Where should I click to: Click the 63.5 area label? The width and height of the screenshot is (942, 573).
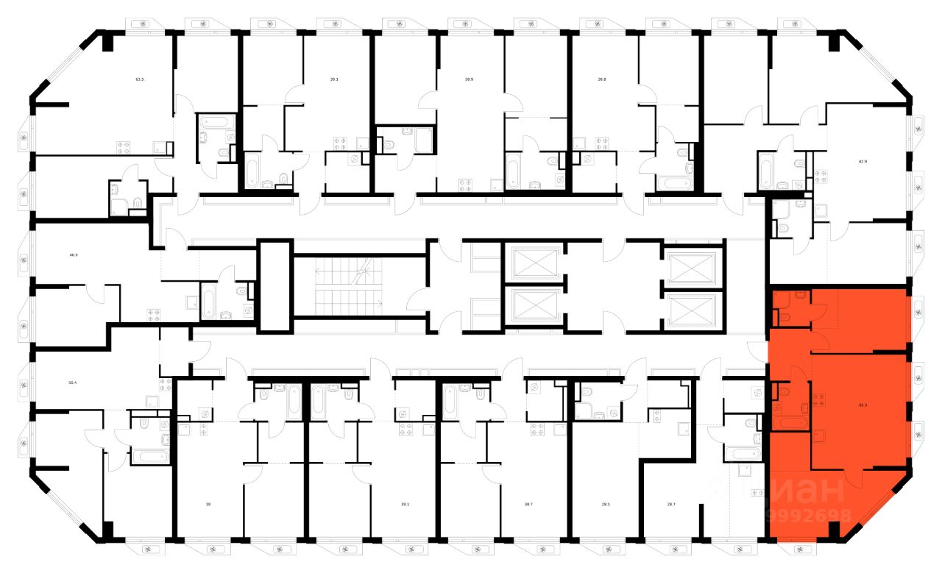pos(139,77)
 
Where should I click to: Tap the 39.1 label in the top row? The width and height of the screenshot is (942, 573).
pos(334,77)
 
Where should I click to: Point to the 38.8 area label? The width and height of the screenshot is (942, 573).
pos(601,77)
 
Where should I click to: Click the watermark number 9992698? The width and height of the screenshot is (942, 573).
pos(809,516)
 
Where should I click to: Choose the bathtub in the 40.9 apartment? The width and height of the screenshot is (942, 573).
pos(210,302)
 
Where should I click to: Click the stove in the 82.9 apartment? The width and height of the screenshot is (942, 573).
pos(821,177)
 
